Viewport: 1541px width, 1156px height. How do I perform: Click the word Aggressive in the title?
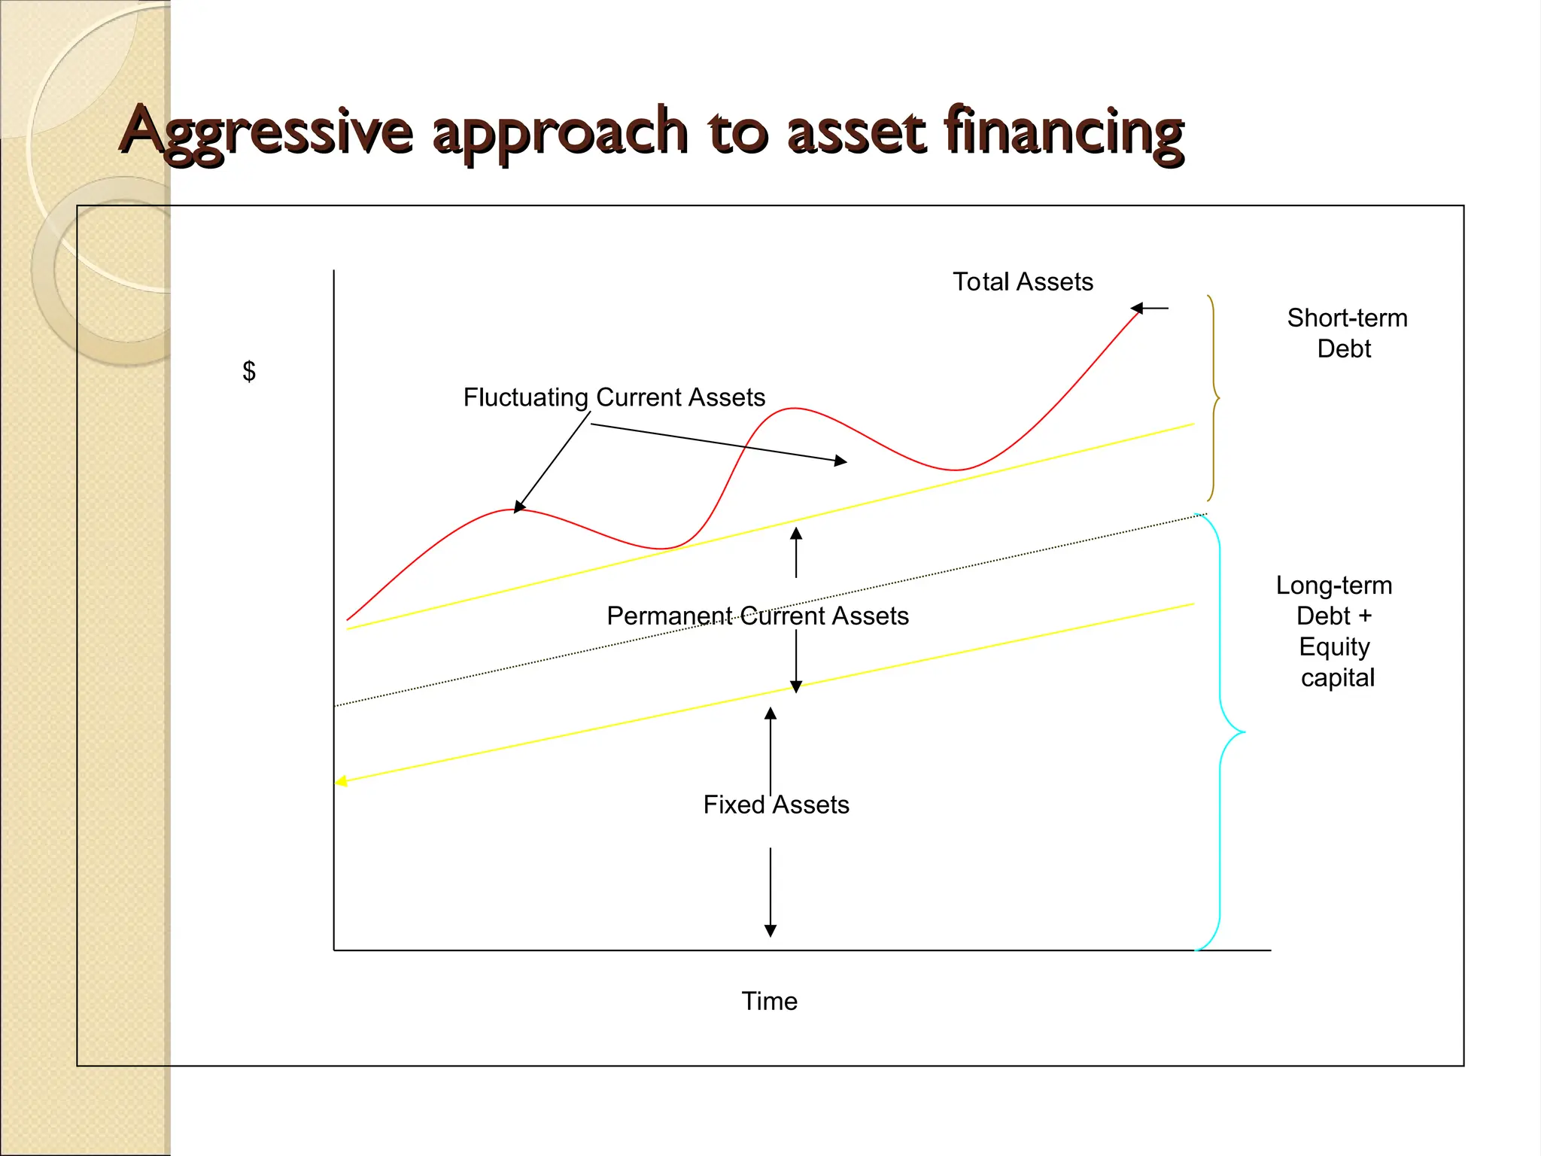click(x=267, y=132)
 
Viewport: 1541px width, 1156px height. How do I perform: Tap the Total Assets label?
click(x=1022, y=281)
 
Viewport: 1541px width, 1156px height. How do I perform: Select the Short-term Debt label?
click(x=1346, y=333)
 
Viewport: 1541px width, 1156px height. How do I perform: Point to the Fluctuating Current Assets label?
click(x=613, y=397)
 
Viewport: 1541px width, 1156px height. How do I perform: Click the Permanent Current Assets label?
click(x=757, y=616)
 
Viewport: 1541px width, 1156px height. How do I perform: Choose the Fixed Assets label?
click(x=776, y=805)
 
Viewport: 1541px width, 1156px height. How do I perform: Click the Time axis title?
click(x=769, y=1001)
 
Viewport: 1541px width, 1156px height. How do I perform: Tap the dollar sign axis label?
click(x=249, y=371)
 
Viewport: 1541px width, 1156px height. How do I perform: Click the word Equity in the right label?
click(x=1334, y=646)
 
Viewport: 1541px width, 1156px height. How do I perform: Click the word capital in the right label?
click(x=1337, y=677)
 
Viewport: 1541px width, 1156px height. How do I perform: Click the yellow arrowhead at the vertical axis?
click(x=341, y=781)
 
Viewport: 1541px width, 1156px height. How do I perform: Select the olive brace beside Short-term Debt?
click(x=1212, y=397)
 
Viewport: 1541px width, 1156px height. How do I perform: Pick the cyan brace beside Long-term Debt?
click(x=1223, y=732)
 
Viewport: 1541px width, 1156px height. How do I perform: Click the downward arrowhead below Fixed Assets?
click(x=770, y=931)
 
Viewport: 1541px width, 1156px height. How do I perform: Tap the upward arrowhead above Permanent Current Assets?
click(x=796, y=534)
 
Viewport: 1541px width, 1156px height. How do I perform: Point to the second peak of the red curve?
click(x=794, y=408)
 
